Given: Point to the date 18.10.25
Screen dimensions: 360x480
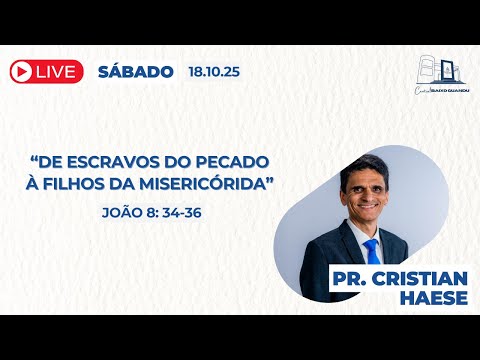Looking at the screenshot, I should click(x=213, y=71).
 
